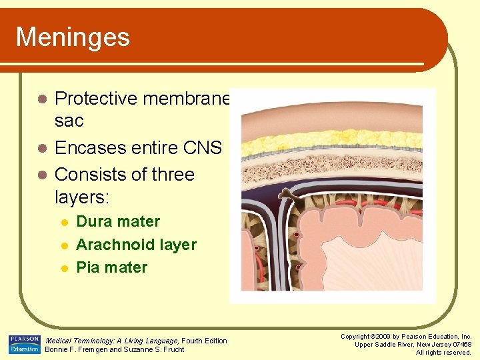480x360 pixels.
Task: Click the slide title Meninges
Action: pos(73,37)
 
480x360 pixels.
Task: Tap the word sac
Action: pos(69,121)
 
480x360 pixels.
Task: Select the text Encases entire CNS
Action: pos(138,147)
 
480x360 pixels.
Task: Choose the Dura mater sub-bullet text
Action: pos(118,221)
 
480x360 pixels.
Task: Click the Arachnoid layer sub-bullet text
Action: pos(136,245)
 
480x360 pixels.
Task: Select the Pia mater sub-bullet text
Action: pos(112,267)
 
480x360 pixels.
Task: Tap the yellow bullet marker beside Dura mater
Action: pos(64,222)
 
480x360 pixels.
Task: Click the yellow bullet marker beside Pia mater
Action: pos(64,268)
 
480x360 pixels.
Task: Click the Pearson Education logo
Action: pos(24,345)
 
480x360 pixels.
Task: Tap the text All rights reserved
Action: pos(443,352)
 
